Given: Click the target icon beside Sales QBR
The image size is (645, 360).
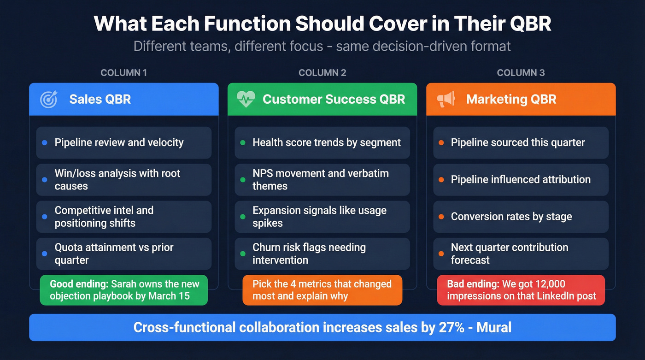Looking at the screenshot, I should (48, 100).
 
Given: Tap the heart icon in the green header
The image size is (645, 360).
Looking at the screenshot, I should (246, 99).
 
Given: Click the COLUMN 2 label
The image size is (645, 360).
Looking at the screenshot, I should (322, 73).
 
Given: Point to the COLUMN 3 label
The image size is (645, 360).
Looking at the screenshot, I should (521, 73).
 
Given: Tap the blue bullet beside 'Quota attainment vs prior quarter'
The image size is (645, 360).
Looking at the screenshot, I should (45, 254).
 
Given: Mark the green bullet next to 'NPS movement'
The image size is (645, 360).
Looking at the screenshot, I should (243, 180).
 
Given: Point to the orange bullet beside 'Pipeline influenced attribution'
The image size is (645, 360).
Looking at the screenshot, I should (441, 180).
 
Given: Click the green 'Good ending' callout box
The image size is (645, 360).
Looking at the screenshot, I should (123, 290).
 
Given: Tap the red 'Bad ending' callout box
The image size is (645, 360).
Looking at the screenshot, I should (521, 290).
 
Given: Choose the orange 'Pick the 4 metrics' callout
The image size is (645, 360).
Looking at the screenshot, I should (322, 290).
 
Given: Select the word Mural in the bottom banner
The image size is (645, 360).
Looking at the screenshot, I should (494, 327).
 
